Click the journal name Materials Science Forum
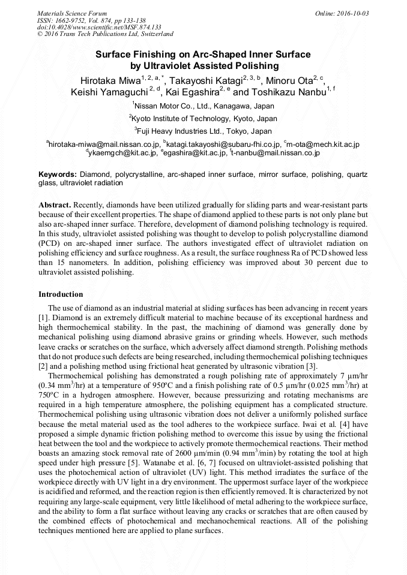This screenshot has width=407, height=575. pyautogui.click(x=72, y=13)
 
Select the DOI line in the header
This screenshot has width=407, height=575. pyautogui.click(x=99, y=27)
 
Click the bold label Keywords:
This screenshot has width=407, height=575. pyautogui.click(x=58, y=174)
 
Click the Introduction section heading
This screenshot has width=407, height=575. pyautogui.click(x=61, y=294)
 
